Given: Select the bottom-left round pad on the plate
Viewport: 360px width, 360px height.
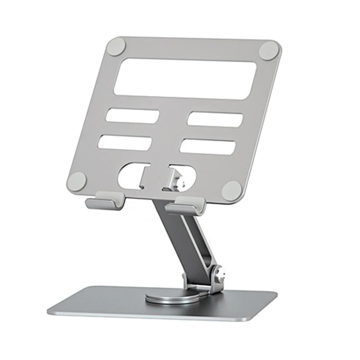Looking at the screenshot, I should pos(77,181).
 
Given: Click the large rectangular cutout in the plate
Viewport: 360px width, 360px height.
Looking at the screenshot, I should pos(185,78).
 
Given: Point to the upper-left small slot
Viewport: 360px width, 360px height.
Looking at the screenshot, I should pos(132,116).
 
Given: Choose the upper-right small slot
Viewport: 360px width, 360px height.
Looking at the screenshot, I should pos(215,118).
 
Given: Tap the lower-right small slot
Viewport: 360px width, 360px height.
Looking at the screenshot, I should pos(208,147).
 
